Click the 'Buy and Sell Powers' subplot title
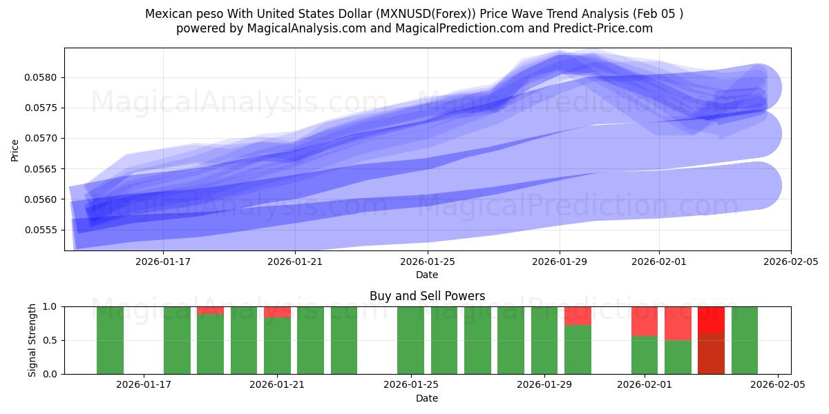[x=427, y=296]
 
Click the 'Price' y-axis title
[x=15, y=150]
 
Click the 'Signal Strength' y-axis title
[x=32, y=340]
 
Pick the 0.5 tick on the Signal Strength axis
[x=50, y=340]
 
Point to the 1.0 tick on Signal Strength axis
[x=50, y=306]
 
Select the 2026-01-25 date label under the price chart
[x=427, y=262]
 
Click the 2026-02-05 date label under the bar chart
[x=778, y=384]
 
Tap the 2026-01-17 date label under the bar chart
[x=144, y=384]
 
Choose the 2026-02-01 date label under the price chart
[x=658, y=262]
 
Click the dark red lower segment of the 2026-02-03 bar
[x=711, y=353]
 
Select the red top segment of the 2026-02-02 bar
[x=678, y=323]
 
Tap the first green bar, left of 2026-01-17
[x=110, y=340]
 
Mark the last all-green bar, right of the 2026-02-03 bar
[x=744, y=340]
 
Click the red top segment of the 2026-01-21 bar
[x=277, y=312]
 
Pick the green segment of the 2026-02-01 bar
[x=645, y=355]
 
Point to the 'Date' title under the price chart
[x=427, y=275]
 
